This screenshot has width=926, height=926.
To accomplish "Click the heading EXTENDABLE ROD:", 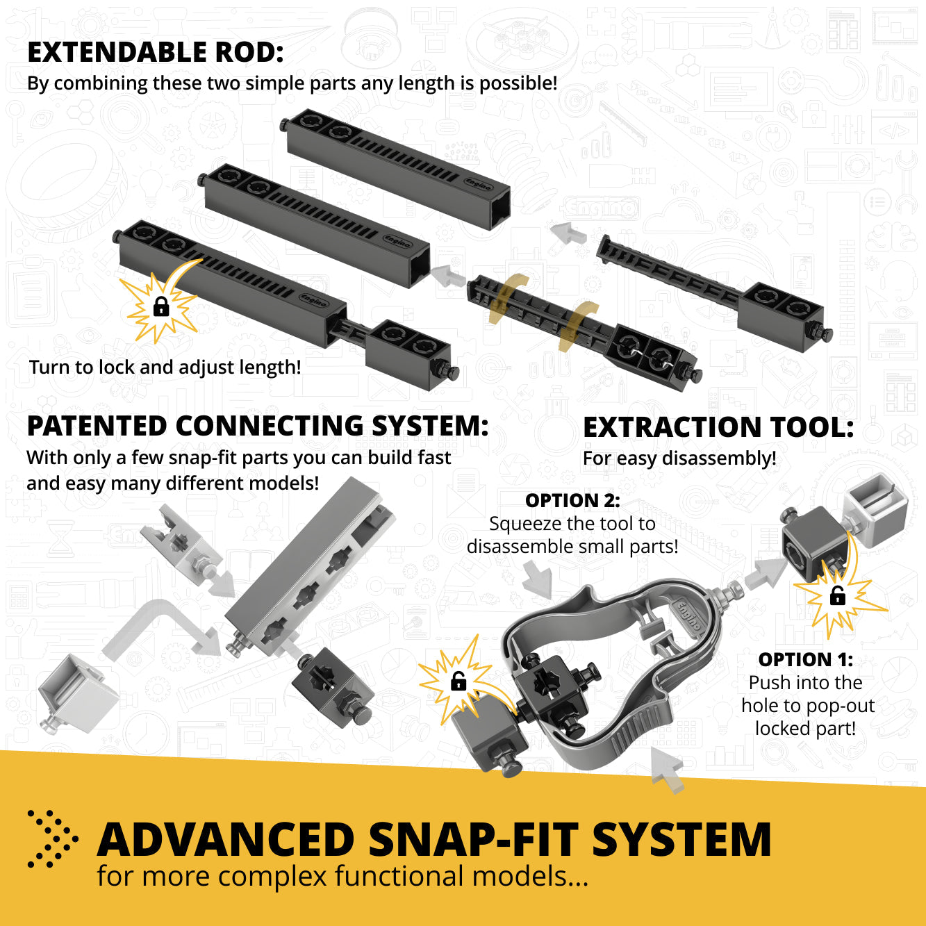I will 156,53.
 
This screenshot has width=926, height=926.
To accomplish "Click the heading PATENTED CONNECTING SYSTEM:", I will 258,427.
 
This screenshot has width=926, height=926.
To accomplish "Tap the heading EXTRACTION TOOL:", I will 718,428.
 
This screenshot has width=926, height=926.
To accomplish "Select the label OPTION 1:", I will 805,659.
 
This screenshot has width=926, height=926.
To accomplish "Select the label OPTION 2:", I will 572,500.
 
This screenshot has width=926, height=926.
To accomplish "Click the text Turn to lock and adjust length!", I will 165,367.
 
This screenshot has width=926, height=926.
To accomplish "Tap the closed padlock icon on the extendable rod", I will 161,306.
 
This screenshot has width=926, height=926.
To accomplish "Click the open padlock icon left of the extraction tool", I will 458,681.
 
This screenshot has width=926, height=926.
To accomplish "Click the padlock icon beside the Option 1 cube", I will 838,595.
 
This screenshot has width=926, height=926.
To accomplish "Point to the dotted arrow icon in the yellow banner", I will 51,838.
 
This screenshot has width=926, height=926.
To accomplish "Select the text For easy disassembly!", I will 679,458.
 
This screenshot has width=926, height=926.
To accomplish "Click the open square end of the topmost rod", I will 499,209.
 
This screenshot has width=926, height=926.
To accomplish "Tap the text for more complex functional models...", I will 342,877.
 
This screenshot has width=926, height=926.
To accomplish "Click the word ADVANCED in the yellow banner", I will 226,840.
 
